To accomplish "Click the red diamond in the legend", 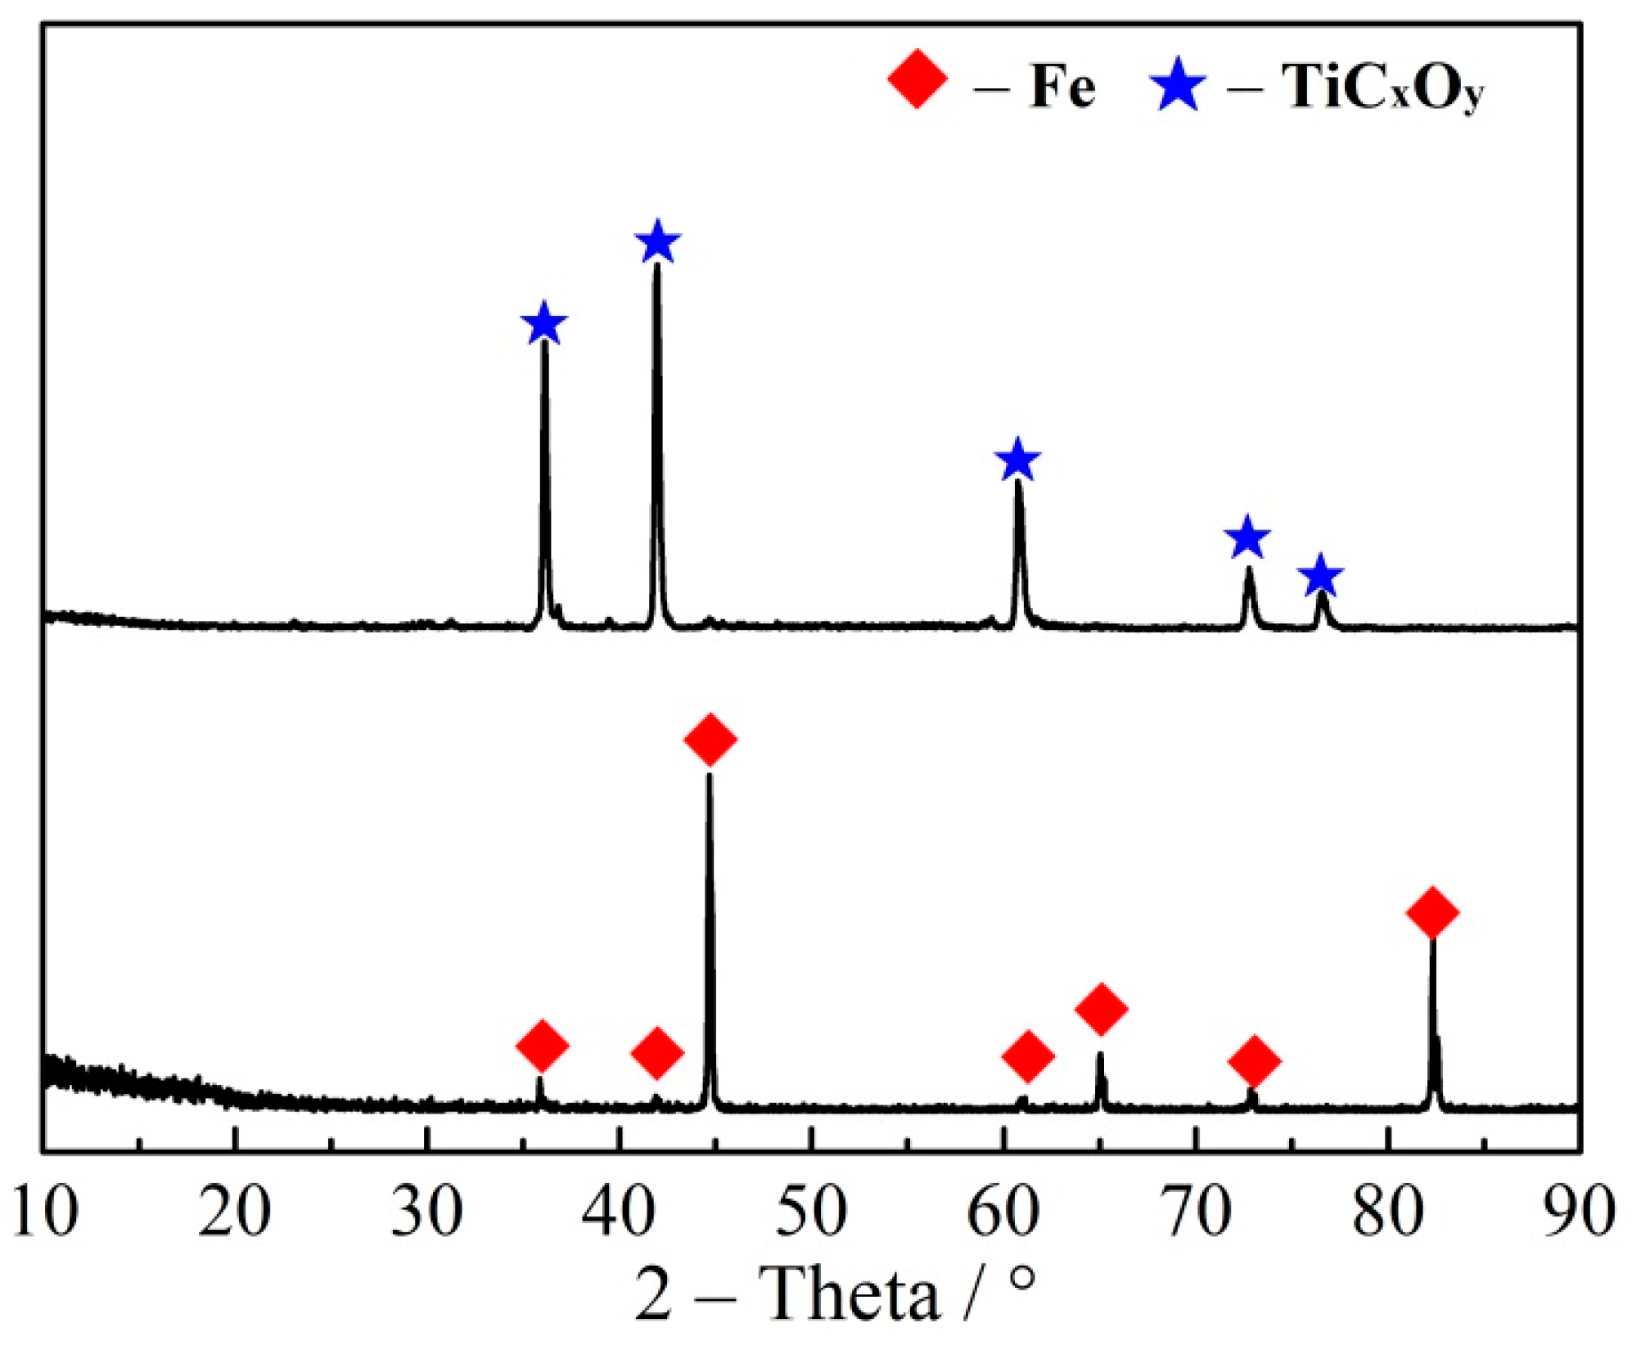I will point(917,79).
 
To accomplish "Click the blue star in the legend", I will point(1178,84).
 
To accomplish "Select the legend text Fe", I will point(1062,86).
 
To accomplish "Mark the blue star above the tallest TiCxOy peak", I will point(657,242).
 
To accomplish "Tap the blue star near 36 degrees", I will point(543,323).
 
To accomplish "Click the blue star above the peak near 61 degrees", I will point(1017,460).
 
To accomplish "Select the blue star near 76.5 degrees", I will point(1321,576).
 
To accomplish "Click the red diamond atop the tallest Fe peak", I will point(710,739).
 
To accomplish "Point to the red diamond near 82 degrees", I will point(1432,911).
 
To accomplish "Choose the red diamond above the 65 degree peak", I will point(1101,1008).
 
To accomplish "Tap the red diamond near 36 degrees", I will point(542,1045).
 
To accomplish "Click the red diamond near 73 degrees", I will point(1254,1060).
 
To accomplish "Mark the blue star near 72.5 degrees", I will point(1247,538).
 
